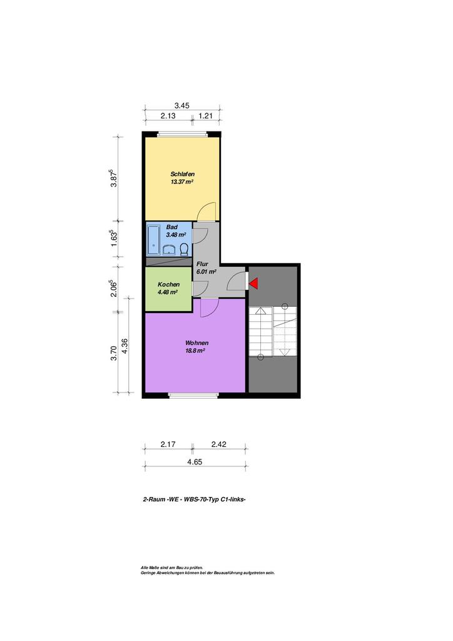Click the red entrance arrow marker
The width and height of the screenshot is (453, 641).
click(253, 283)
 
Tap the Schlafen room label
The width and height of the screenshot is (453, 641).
click(182, 174)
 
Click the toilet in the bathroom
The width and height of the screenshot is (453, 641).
click(185, 249)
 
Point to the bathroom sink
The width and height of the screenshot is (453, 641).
click(169, 249)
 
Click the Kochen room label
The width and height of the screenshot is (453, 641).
click(169, 285)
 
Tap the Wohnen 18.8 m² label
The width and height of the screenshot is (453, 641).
click(196, 347)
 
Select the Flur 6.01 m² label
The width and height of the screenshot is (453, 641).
click(206, 268)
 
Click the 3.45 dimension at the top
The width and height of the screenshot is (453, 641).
click(182, 105)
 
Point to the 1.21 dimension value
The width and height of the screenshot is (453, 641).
click(205, 116)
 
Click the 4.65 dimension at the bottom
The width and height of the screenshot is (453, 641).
click(195, 462)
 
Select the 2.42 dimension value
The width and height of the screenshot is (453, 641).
click(219, 444)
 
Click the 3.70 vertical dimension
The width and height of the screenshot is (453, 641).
click(114, 353)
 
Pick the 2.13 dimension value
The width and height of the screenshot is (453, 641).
click(168, 116)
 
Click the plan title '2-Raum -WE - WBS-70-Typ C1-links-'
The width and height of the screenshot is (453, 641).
click(194, 499)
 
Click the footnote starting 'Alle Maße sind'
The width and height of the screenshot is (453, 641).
click(171, 567)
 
